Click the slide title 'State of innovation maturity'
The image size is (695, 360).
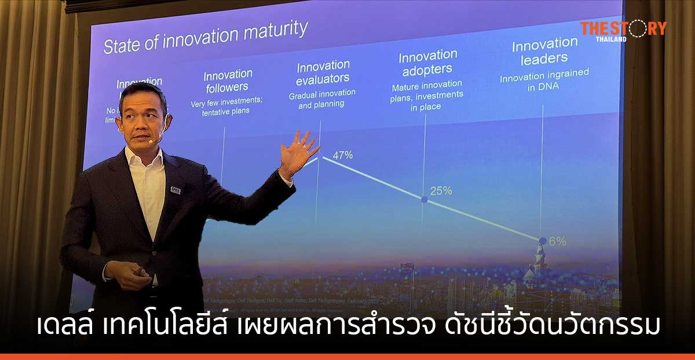tap(205, 38)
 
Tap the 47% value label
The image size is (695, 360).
tap(342, 155)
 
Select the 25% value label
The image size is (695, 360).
tap(441, 190)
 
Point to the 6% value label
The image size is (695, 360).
tap(557, 241)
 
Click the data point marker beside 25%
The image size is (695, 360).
tap(424, 199)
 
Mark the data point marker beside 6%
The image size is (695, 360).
tap(542, 241)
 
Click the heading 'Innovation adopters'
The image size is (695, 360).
tap(427, 63)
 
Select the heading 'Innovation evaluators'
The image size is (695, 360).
tap(323, 71)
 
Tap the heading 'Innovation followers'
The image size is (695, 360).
tap(227, 81)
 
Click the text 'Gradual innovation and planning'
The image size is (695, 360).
tap(322, 98)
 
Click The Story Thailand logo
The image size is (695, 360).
tap(623, 30)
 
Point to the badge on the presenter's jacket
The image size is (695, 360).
tap(175, 190)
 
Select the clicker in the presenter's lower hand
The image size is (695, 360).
tap(140, 272)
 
